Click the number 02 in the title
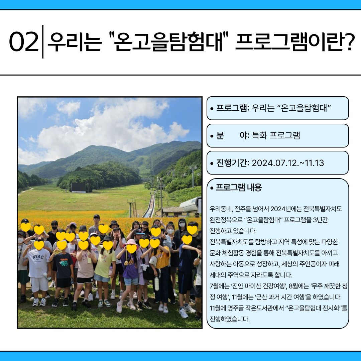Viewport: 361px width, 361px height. pyautogui.click(x=24, y=42)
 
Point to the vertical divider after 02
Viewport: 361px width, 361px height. pyautogui.click(x=43, y=42)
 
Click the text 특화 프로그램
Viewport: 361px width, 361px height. pyautogui.click(x=276, y=135)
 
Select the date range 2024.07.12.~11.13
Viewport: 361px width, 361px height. pyautogui.click(x=288, y=163)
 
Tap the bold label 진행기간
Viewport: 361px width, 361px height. pyautogui.click(x=232, y=163)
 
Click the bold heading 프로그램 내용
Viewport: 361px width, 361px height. pyautogui.click(x=239, y=188)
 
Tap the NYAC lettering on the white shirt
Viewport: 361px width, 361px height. pyautogui.click(x=38, y=257)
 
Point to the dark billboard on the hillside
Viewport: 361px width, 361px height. pyautogui.click(x=79, y=188)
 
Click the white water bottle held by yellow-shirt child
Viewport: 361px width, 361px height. pyautogui.click(x=157, y=283)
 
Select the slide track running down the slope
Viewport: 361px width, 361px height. pyautogui.click(x=150, y=205)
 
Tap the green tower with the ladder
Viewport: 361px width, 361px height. pyautogui.click(x=132, y=208)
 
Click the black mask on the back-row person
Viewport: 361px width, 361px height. pyautogui.click(x=54, y=228)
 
